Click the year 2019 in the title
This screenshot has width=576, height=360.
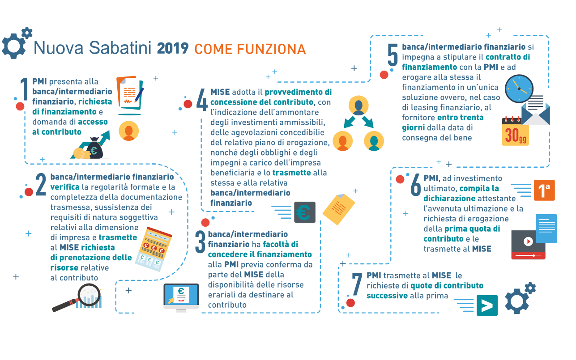[x=173, y=48]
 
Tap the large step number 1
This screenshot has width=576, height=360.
[x=24, y=89]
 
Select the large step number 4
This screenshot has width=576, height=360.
[x=202, y=100]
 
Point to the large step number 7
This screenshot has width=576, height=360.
[x=357, y=284]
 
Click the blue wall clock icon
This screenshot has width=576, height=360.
[x=519, y=89]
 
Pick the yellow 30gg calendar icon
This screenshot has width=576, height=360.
[x=515, y=131]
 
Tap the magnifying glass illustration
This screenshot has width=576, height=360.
[x=77, y=297]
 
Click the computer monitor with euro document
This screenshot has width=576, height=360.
[x=181, y=297]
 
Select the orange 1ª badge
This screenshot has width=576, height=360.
[x=544, y=190]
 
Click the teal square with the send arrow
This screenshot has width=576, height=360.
[x=487, y=305]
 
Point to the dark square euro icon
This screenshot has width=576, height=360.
[x=305, y=212]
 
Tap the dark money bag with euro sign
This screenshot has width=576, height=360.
[x=94, y=148]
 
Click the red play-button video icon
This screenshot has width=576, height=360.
[x=528, y=245]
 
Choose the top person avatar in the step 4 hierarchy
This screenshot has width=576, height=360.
[x=358, y=106]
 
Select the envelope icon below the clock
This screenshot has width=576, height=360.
[x=536, y=111]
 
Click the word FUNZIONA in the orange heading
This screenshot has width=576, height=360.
[x=271, y=49]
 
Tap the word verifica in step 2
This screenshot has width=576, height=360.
[x=65, y=187]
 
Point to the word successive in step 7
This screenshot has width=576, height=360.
[x=387, y=296]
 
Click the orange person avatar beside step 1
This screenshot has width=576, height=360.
[x=128, y=131]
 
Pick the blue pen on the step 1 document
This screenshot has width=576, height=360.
[x=139, y=95]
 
